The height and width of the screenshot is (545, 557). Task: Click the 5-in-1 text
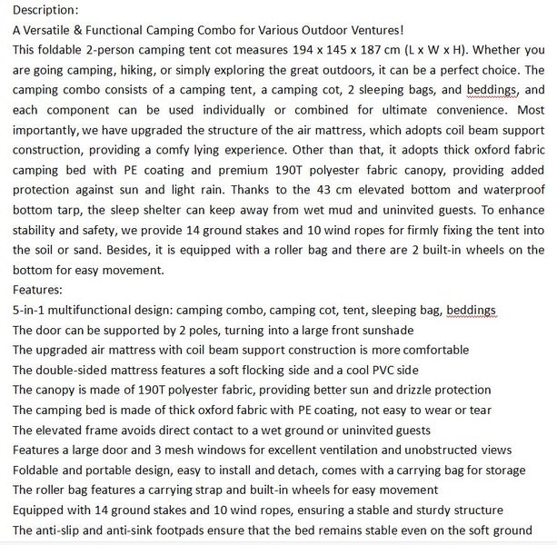click(31, 312)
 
